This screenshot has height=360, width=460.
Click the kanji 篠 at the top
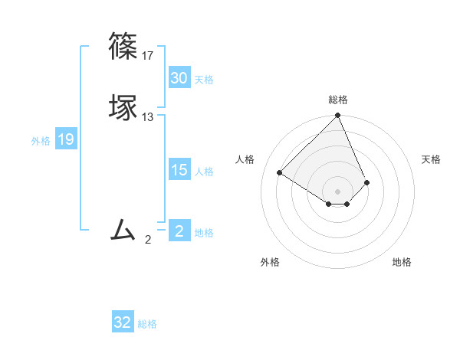[x=124, y=45]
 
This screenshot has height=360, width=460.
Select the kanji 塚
[x=124, y=108]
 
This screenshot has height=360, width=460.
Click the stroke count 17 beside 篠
[x=148, y=55]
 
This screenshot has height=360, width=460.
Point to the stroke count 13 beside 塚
[x=148, y=117]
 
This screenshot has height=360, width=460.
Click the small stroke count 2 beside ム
[x=148, y=240]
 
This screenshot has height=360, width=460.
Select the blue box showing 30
[x=179, y=78]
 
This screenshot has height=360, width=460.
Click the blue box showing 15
[x=179, y=170]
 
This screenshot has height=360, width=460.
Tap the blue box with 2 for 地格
[x=179, y=231]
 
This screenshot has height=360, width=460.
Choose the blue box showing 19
[x=66, y=139]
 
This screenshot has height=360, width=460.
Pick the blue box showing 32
[x=123, y=322]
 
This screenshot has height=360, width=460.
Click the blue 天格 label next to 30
[x=204, y=80]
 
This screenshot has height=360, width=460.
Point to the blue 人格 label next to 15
[x=204, y=172]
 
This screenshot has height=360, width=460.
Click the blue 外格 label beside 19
[x=41, y=141]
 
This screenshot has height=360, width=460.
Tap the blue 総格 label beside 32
[x=147, y=324]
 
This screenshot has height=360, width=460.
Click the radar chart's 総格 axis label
[x=338, y=100]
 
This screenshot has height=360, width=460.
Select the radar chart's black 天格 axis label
[x=431, y=159]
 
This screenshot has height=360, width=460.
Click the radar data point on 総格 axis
[x=338, y=116]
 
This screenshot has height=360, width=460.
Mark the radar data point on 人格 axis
[x=280, y=173]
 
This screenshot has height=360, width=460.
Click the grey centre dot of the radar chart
[x=338, y=191]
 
